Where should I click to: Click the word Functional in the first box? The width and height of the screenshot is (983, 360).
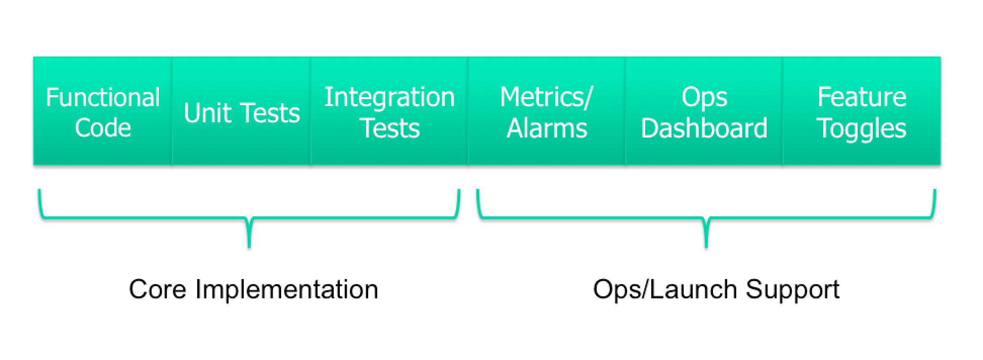pos(103,97)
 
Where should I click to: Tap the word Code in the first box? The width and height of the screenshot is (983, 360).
pos(103,127)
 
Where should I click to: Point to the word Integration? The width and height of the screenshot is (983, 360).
pos(389,97)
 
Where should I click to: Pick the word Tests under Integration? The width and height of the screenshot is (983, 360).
pos(390,128)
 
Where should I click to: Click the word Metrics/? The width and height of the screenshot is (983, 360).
pos(546,97)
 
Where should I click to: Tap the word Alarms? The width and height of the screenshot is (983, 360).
pos(547,128)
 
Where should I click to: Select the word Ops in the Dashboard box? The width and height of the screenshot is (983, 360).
pos(704,98)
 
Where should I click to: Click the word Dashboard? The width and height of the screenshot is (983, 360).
pos(704,128)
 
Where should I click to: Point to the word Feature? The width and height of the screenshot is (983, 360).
pos(862,97)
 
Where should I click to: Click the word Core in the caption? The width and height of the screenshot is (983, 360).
pos(157,289)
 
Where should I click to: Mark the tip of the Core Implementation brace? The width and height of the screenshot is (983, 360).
pos(249,247)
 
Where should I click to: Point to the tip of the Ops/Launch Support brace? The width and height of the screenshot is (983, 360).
pos(706,247)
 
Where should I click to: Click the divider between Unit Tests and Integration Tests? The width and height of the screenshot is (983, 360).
pos(310,111)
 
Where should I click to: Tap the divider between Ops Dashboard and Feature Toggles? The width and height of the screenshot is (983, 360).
pos(783,111)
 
